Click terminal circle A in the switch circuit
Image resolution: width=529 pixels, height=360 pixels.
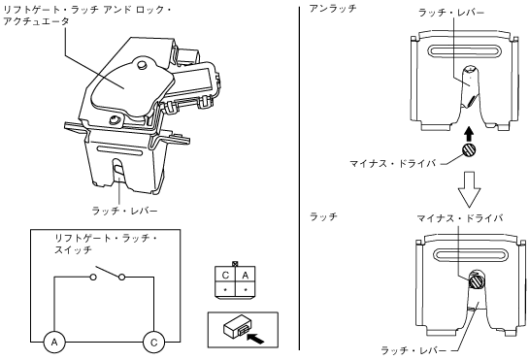(x=54, y=343)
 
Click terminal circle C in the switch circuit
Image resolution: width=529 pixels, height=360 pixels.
(x=153, y=343)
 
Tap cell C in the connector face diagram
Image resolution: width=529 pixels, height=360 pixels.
(x=225, y=276)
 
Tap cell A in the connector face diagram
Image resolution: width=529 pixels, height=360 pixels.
(x=246, y=276)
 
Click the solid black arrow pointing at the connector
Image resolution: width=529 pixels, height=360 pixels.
(x=255, y=338)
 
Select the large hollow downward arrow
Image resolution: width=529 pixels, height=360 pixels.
(x=469, y=189)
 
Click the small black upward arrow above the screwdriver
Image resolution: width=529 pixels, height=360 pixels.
(x=469, y=134)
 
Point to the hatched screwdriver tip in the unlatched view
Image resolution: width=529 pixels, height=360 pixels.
(x=469, y=150)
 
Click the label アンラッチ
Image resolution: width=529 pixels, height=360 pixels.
(x=333, y=9)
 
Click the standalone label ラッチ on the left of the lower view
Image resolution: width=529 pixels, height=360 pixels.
(x=323, y=216)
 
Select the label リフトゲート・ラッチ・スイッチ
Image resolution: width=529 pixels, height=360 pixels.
(x=106, y=244)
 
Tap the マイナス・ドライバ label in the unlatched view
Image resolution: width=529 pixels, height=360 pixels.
(x=393, y=164)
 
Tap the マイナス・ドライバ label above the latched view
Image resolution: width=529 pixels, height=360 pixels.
(x=460, y=218)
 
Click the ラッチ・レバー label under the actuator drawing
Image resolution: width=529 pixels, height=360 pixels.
(x=124, y=211)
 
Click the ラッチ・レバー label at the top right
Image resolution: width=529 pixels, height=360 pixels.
(x=451, y=13)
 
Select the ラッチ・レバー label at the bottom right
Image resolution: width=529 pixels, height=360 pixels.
(x=413, y=350)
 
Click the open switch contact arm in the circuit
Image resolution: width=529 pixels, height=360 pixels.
(x=109, y=272)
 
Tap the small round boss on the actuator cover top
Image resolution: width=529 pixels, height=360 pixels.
(x=143, y=64)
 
